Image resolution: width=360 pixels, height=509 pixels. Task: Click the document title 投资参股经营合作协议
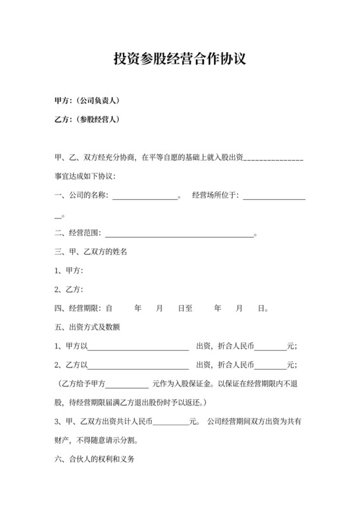(x=180, y=59)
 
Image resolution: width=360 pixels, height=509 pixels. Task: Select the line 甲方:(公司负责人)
(x=87, y=101)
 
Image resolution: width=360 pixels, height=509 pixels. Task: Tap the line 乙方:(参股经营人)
(x=87, y=120)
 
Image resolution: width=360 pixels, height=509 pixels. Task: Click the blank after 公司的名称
(x=145, y=195)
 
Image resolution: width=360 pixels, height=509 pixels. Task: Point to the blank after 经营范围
(x=179, y=234)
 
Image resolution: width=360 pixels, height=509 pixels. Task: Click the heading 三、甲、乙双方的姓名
(x=91, y=252)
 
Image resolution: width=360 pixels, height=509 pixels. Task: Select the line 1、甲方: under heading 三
(x=69, y=271)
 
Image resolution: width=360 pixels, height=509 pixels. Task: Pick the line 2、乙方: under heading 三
(x=69, y=289)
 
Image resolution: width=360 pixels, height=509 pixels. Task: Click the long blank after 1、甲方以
(x=138, y=346)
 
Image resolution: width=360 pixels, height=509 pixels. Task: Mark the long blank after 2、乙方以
(x=138, y=365)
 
